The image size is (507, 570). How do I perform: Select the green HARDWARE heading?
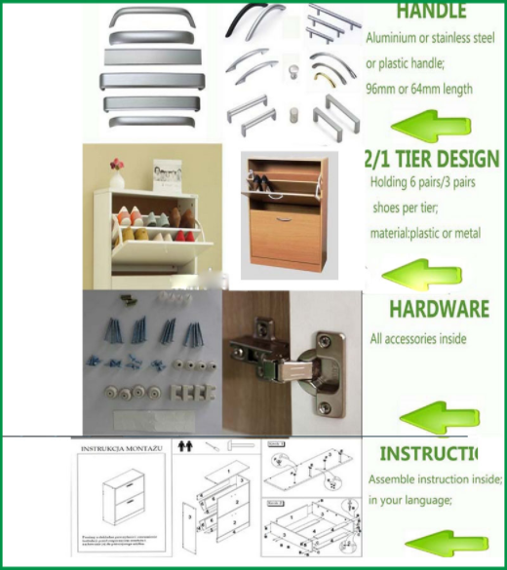[x=439, y=310]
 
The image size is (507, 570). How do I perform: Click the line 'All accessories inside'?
[x=418, y=339]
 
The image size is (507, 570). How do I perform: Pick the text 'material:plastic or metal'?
[x=425, y=233]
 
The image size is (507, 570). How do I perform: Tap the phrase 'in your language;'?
[x=409, y=500]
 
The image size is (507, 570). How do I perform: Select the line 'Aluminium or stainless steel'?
[x=430, y=40]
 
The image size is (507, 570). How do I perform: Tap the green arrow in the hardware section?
[x=439, y=417]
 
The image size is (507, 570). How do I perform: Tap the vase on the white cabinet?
[x=118, y=177]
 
